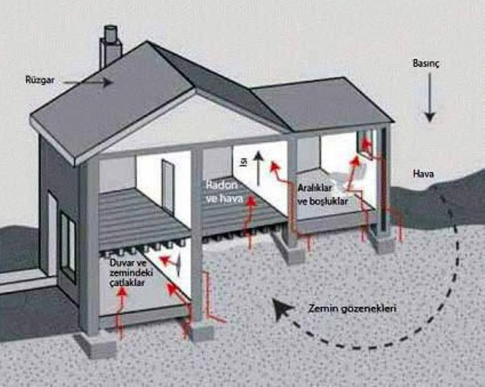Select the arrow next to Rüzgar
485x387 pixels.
pos(87,82)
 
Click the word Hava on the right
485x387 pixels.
pos(423,174)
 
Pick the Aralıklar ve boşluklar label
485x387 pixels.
pos(323,195)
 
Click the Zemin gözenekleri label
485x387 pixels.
pos(352,309)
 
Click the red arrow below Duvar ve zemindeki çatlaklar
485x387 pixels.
pos(120,311)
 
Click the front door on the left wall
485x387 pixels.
pos(52,234)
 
